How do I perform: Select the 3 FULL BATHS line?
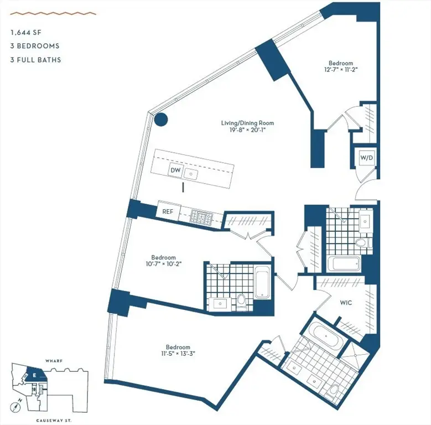point(35,60)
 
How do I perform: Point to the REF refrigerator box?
point(168,211)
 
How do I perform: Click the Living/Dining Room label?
point(247,123)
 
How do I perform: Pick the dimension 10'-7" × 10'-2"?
point(164,265)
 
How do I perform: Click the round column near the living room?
point(160,118)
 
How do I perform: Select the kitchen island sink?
point(192,174)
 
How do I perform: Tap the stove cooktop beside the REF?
point(200,216)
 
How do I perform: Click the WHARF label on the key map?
point(54,361)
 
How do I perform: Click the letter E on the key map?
point(34,376)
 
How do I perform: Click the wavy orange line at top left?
point(53,13)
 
